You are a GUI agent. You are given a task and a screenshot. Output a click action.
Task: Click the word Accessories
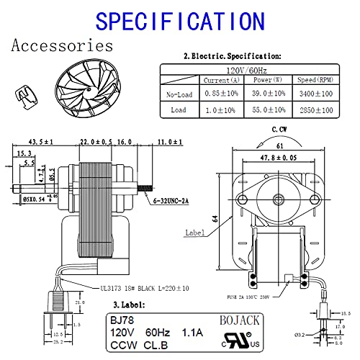pos(63,46)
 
